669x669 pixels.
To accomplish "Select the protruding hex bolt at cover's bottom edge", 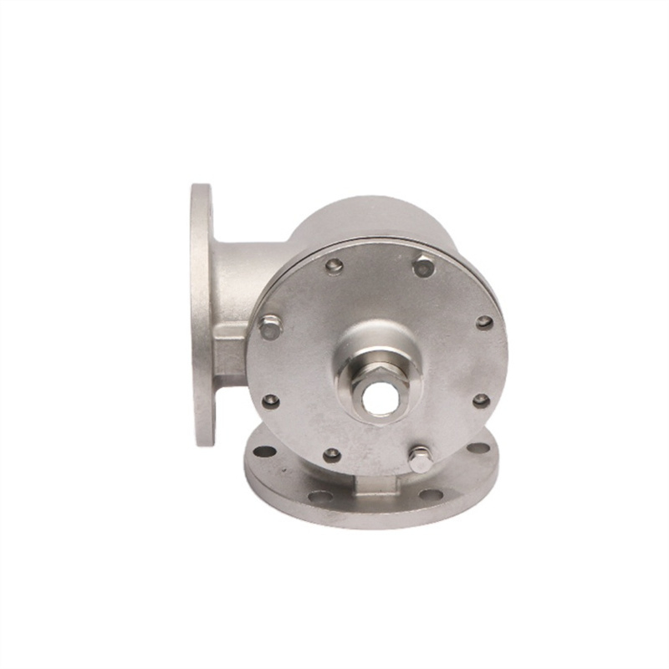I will click(420, 458).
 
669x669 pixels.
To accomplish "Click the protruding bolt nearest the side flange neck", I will click(269, 327).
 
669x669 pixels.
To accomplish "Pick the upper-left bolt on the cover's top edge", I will click(334, 267).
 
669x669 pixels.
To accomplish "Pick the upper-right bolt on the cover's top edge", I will click(424, 267).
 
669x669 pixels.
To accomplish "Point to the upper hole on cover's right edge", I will click(484, 322).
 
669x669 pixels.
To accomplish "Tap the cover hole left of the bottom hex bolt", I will click(332, 455).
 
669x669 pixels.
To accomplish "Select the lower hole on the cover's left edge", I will click(271, 401).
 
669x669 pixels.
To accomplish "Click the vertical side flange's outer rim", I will click(200, 314).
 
